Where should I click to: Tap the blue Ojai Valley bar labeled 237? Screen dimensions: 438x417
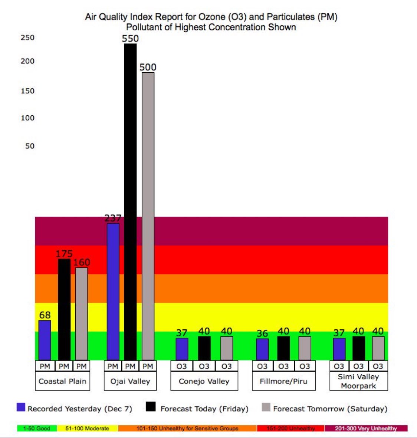point(113,292)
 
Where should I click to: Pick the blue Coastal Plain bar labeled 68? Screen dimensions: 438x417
point(45,340)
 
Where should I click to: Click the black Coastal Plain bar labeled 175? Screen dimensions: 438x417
point(64,309)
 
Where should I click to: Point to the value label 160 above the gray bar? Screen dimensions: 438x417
point(82,263)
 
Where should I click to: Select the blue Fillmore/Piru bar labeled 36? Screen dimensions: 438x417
point(262,349)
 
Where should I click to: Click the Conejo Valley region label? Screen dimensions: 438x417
point(204,381)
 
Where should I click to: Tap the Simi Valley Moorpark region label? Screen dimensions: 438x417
point(358,381)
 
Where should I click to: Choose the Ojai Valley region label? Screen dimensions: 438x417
point(130,381)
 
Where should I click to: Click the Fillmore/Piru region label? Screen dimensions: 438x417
point(283,381)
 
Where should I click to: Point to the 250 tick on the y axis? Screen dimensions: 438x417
point(27,37)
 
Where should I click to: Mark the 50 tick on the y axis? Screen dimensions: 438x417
point(30,146)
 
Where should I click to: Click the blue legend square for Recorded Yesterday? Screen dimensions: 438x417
point(21,407)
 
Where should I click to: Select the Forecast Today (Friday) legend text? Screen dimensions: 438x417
point(204,409)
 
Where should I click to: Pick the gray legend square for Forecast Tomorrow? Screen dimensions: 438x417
point(266,407)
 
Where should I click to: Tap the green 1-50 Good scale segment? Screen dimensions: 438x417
point(37,428)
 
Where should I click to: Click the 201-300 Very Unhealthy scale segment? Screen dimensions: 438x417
point(366,428)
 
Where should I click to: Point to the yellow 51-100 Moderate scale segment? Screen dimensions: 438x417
point(87,428)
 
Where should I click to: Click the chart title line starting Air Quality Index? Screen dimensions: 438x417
point(211,17)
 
